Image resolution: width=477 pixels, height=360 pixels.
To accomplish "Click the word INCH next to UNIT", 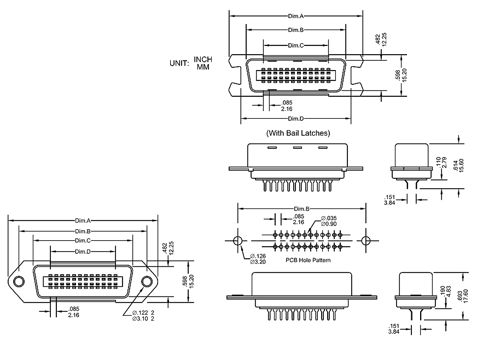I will pos(203,59).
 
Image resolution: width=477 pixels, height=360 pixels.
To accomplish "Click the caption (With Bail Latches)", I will pos(298,133).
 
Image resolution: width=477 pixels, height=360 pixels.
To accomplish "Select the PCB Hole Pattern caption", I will pos(308,260).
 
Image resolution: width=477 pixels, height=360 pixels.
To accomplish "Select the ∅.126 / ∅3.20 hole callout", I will pos(258,259).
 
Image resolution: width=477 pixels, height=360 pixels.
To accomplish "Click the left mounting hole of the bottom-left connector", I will pos(19,282).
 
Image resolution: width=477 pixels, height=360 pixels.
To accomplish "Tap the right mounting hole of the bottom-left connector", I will pos(147,282).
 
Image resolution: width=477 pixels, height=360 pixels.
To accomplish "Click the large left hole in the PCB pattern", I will pos(237,241).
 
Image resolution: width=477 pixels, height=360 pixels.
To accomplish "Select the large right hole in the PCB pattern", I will pos(366,241).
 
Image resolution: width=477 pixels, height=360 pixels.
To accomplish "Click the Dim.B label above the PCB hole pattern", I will pos(302,209).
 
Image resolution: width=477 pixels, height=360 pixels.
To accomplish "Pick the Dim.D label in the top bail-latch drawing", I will pos(295,119).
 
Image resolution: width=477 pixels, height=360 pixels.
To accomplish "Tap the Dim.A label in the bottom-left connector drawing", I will pos(83,221).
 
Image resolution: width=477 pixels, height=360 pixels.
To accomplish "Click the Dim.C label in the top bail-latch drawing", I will pos(295,45).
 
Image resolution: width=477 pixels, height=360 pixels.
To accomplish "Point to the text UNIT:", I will pos(179,63).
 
